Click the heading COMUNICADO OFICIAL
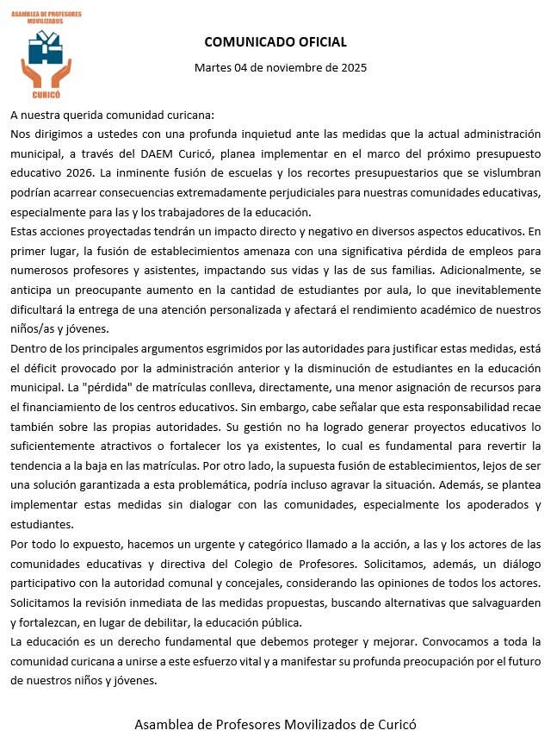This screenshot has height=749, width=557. click(275, 42)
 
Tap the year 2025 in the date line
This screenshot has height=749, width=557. click(350, 68)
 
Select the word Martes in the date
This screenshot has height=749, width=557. click(214, 68)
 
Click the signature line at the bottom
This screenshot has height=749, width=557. click(275, 724)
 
